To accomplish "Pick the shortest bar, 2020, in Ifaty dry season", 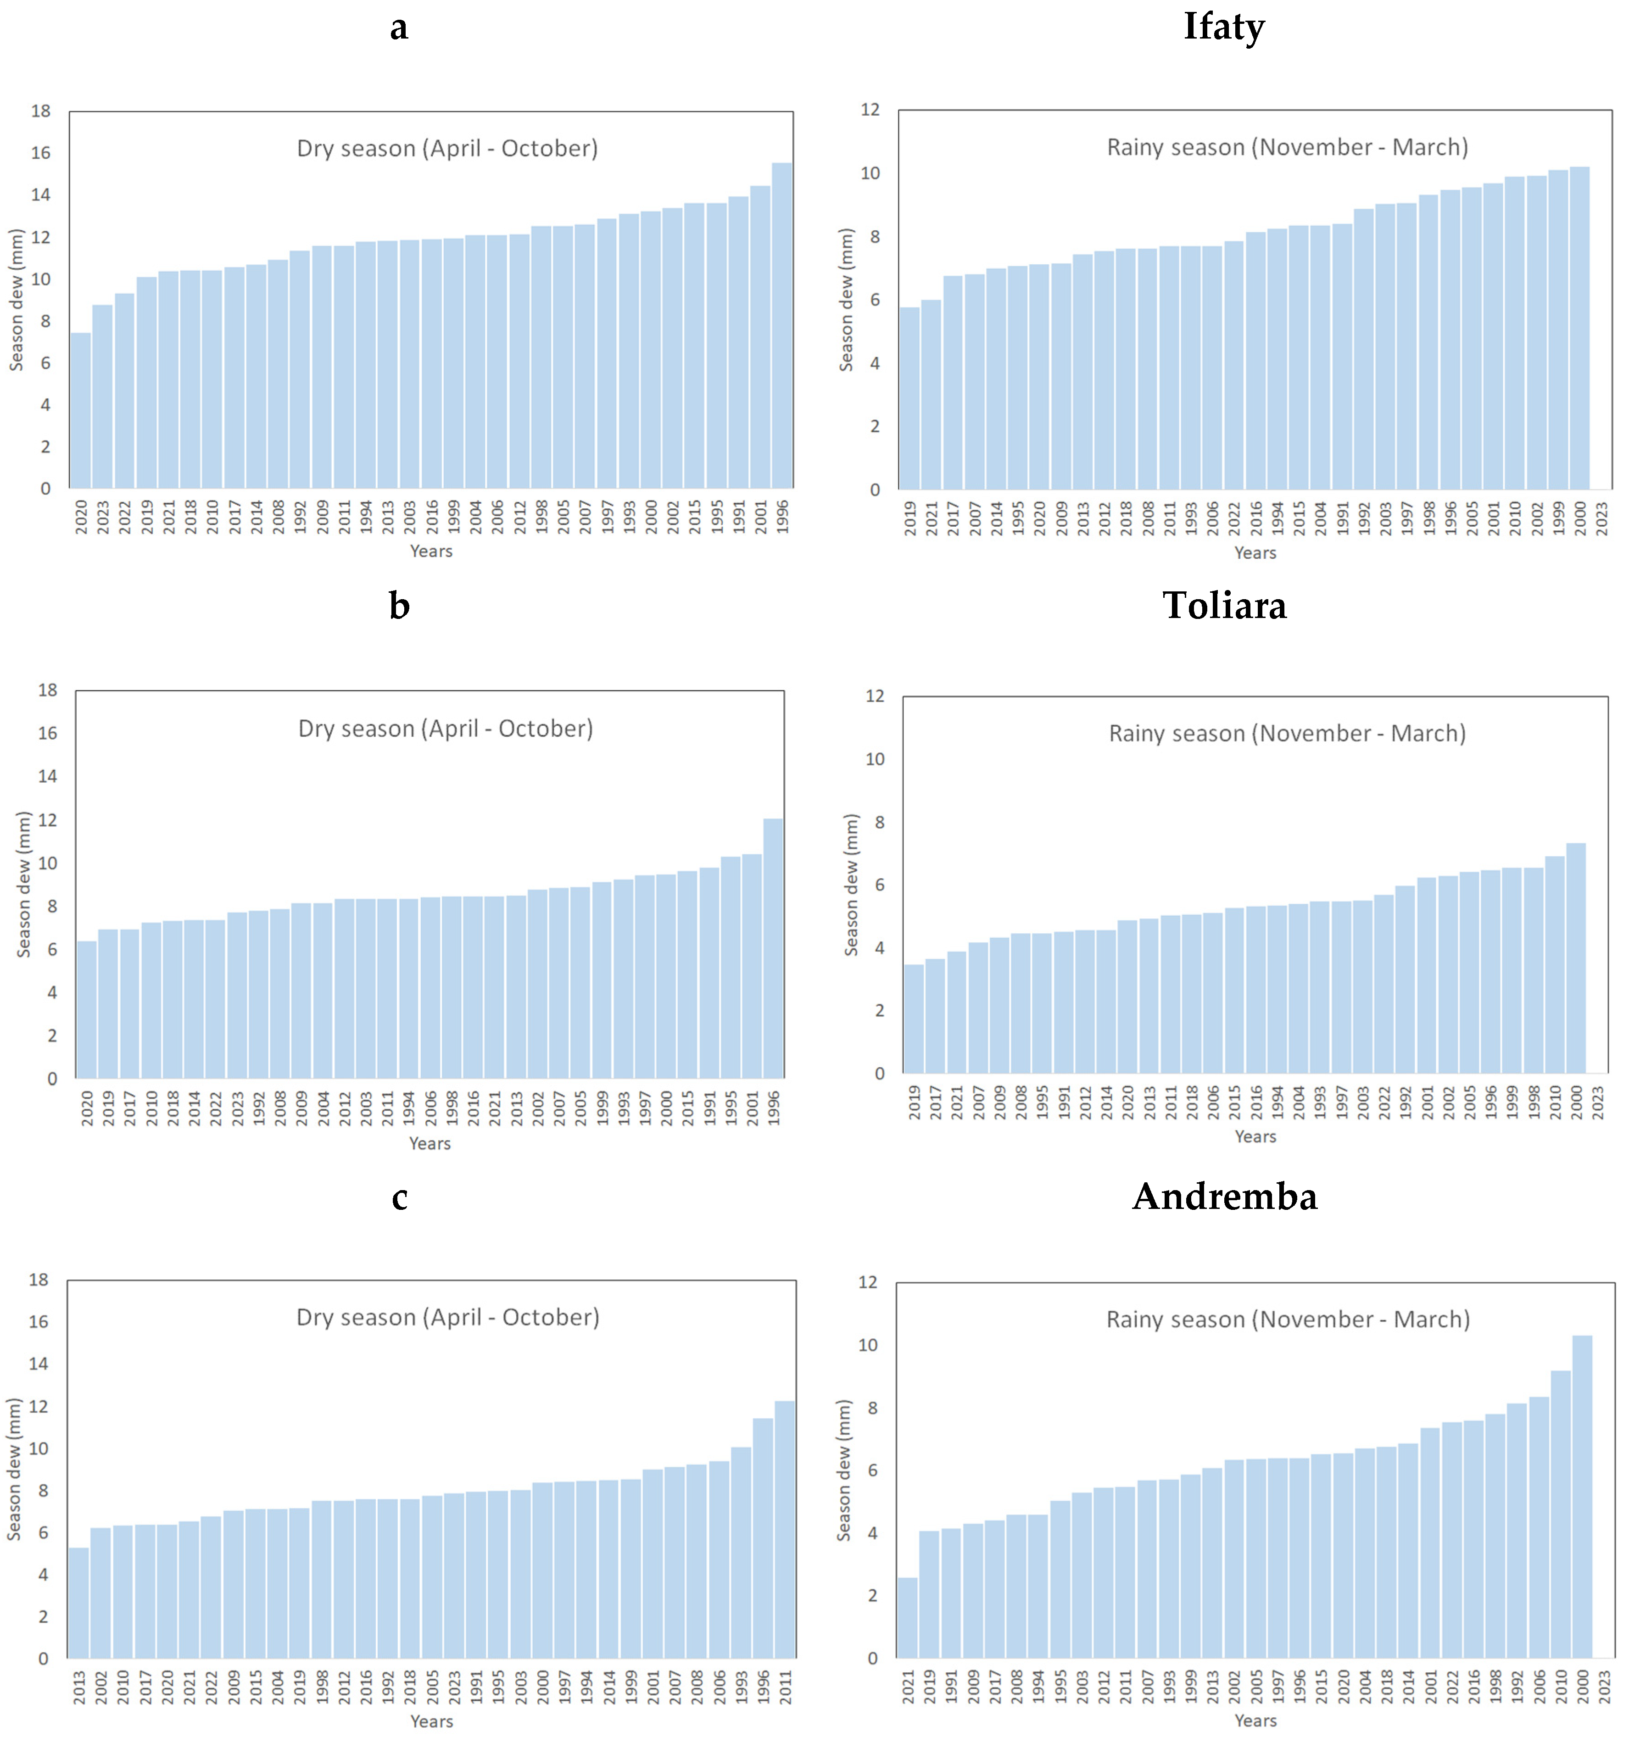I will coord(80,411).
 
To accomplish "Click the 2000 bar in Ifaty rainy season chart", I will coord(1579,328).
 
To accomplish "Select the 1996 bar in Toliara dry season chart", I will coord(773,948).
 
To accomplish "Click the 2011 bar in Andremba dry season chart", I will coord(785,1529).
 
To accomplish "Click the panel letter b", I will coord(399,606).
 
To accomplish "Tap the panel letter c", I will coord(399,1197).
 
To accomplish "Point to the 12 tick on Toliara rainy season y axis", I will coord(875,696).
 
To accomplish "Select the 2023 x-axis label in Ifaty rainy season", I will coord(1601,518).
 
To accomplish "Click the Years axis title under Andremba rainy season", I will coord(1255,1720).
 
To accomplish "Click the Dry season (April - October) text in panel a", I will coord(447,149).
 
